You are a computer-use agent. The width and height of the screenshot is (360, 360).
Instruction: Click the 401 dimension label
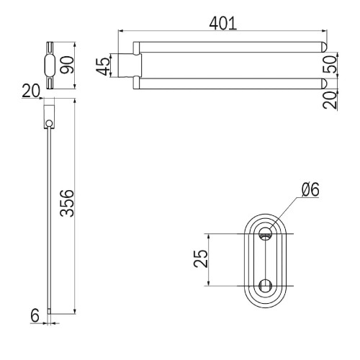[223, 23]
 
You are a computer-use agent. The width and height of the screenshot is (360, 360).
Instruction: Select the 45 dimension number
[103, 66]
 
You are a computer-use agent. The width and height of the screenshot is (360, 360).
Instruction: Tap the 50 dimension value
[330, 64]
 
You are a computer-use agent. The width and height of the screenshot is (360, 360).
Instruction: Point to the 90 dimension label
[67, 65]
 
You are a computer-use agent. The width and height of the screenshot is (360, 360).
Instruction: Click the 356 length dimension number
[67, 203]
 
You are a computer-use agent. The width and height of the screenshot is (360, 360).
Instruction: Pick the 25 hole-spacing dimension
[201, 258]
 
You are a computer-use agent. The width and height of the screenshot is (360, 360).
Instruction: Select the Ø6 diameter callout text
[310, 189]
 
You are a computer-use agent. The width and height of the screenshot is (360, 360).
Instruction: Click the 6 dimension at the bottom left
[35, 315]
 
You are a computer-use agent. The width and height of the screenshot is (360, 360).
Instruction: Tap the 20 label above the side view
[31, 91]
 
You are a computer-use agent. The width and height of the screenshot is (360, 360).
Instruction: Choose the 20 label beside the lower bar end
[330, 100]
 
